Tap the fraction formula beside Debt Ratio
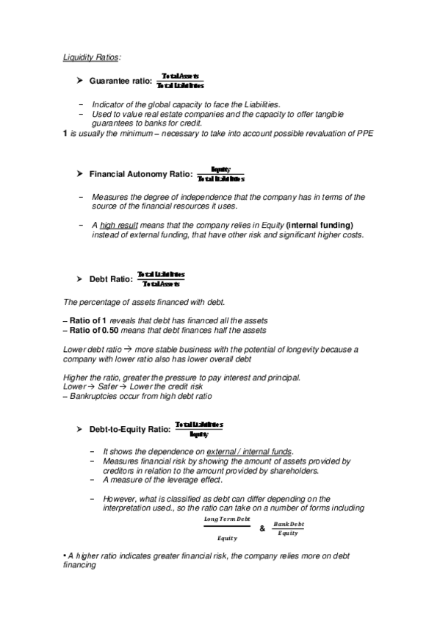coord(161,279)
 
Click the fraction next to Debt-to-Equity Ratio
coord(199,429)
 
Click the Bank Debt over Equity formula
coord(289,528)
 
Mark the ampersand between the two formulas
coord(263,528)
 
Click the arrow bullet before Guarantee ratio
coord(80,81)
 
